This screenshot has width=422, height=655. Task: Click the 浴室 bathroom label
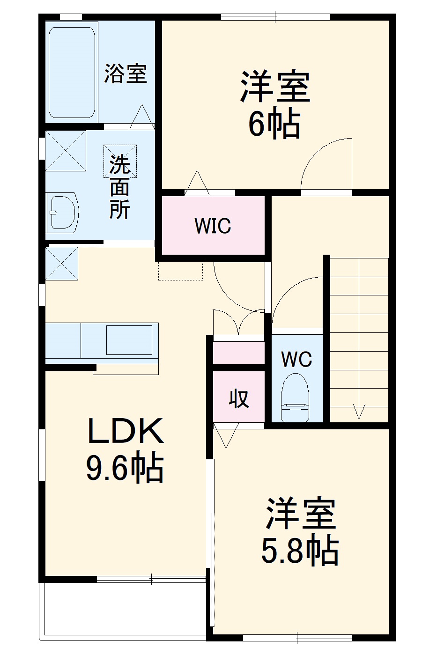pyautogui.click(x=125, y=74)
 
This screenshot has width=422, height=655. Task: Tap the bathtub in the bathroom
pyautogui.click(x=73, y=72)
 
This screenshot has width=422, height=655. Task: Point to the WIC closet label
pyautogui.click(x=213, y=226)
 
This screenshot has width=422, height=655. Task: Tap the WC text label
pyautogui.click(x=296, y=360)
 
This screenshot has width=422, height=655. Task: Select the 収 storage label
pyautogui.click(x=239, y=398)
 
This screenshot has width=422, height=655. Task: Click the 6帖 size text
pyautogui.click(x=274, y=125)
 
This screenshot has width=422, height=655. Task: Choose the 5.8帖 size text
pyautogui.click(x=299, y=551)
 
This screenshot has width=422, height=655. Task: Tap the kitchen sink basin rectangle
pyautogui.click(x=129, y=339)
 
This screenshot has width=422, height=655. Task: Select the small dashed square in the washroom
pyautogui.click(x=120, y=161)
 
